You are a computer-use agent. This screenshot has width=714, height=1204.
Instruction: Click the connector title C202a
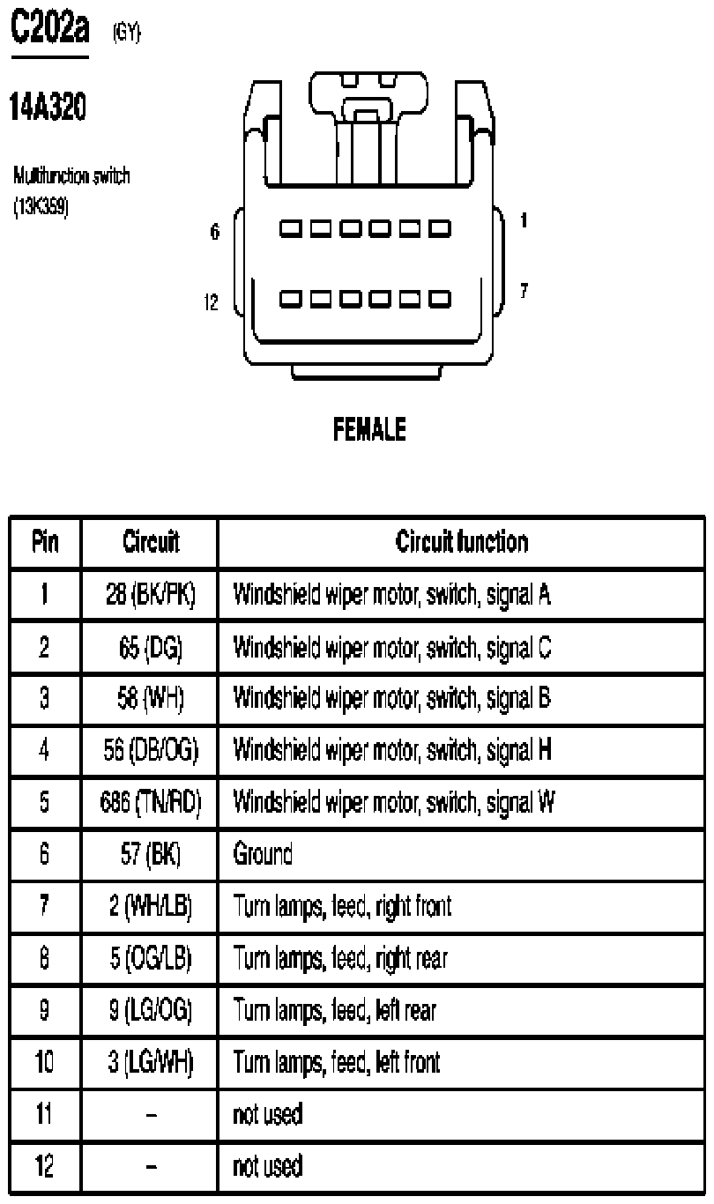coord(50,26)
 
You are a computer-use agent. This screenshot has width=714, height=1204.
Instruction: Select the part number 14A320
coord(48,106)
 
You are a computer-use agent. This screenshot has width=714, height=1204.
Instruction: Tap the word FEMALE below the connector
coord(369,429)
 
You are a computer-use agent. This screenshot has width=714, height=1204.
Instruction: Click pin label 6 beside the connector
coord(214,232)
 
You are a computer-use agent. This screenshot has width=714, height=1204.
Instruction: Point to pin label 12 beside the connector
coord(212,302)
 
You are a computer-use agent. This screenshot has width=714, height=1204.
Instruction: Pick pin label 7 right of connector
coord(524,291)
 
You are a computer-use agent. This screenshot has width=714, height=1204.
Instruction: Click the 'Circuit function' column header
coord(462,542)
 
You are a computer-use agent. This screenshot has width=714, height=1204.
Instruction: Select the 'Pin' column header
coord(45,542)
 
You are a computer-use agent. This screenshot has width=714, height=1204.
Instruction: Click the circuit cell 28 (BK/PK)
coord(151,594)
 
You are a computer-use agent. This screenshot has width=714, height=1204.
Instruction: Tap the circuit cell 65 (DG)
coord(151,647)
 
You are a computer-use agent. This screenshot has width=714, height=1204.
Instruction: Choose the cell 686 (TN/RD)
coord(151,802)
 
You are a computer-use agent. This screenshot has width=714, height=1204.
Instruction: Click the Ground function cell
coord(263,853)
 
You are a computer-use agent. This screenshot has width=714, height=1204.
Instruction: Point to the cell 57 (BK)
coord(151,853)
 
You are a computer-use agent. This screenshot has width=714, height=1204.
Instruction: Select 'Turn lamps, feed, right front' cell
coord(342,906)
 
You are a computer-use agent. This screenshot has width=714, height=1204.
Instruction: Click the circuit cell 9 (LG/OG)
coord(151,1009)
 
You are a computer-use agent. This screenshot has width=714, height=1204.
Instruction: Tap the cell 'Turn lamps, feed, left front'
coord(337,1061)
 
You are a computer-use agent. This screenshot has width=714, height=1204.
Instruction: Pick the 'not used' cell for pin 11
coord(267,1114)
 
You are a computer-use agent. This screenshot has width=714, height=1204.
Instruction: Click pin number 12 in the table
coord(45,1165)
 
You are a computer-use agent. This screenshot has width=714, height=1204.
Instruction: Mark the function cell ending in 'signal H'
coord(392,750)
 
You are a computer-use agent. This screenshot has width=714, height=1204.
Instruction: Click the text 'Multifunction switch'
coord(71,175)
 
